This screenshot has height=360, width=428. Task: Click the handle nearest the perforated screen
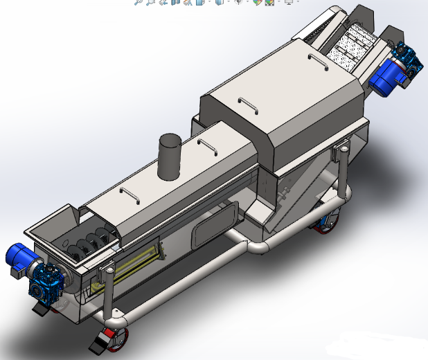click(x=316, y=60)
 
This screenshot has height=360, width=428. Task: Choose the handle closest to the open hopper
click(x=130, y=191)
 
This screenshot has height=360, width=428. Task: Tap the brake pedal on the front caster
click(x=97, y=343)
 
